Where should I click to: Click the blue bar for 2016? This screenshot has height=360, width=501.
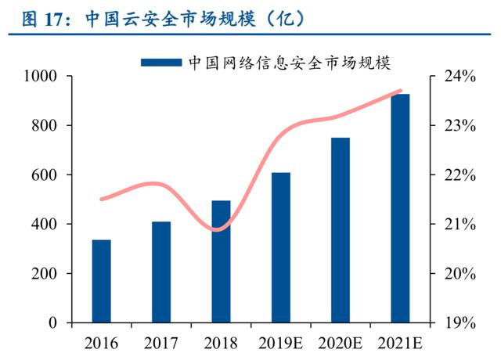coord(102,281)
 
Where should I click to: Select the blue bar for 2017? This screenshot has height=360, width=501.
coord(161,272)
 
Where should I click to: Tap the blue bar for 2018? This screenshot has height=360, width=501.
coord(222,261)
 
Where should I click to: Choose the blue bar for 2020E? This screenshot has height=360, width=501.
coord(341,230)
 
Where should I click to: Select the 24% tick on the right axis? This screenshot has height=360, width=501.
coord(459,77)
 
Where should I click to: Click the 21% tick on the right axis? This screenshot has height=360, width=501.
coord(459,225)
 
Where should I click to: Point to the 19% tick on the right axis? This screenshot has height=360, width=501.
coord(459,323)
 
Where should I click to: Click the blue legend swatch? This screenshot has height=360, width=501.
coord(161,62)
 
